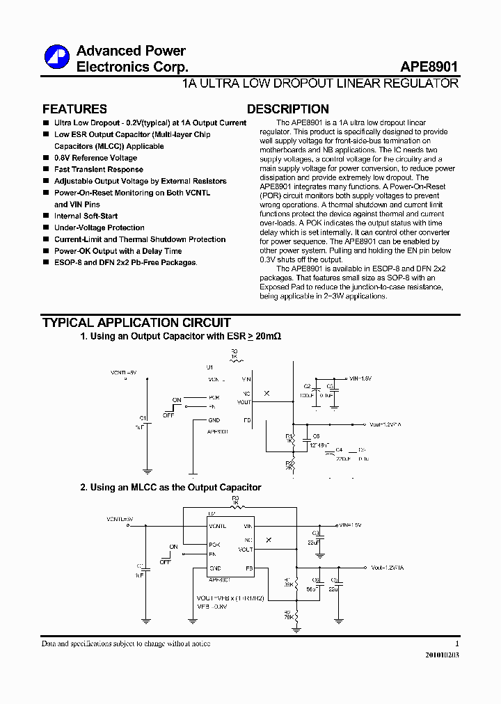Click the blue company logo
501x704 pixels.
(x=56, y=58)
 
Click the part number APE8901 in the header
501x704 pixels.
(x=429, y=67)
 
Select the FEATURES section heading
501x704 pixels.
(x=74, y=109)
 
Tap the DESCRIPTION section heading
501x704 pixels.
(x=287, y=109)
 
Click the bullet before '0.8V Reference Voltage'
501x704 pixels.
(x=45, y=158)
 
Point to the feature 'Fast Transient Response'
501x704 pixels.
(x=98, y=170)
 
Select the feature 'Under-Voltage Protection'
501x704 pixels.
(x=100, y=227)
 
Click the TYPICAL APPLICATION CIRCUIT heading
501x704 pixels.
(x=136, y=323)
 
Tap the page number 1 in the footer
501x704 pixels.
(x=456, y=643)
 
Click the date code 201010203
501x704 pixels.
(x=442, y=655)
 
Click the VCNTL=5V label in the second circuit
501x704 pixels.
(x=119, y=519)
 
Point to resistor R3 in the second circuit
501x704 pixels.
(x=235, y=500)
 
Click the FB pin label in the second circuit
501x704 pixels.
(x=248, y=568)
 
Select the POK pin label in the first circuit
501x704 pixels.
(x=214, y=399)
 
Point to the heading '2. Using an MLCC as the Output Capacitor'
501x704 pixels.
(x=170, y=488)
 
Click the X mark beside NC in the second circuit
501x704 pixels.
(x=269, y=539)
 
